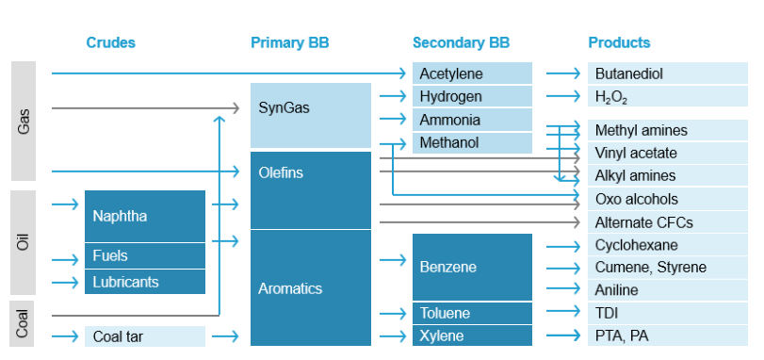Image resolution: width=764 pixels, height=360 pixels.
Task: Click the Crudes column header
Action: point(110,42)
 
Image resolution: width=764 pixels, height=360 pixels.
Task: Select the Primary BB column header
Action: point(289,42)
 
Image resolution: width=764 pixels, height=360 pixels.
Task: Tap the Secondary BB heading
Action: point(461,42)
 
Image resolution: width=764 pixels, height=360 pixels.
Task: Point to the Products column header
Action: point(619,42)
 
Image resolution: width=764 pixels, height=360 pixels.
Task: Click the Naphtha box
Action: point(144,216)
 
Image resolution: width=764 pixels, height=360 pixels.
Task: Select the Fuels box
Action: point(144,255)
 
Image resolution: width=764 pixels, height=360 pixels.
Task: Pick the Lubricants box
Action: point(144,281)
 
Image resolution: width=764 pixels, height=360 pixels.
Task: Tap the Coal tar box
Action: point(144,335)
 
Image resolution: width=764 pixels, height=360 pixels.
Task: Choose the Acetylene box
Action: point(472,74)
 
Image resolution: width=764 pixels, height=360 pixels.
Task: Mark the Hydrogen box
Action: point(472,96)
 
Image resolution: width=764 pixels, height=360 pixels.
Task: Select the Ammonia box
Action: point(472,120)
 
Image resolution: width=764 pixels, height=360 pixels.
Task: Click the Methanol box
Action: point(472,143)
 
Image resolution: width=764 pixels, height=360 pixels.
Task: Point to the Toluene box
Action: point(472,313)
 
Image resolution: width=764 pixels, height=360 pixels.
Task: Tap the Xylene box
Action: point(472,335)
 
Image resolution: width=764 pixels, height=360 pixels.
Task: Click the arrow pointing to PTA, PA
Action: point(562,335)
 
